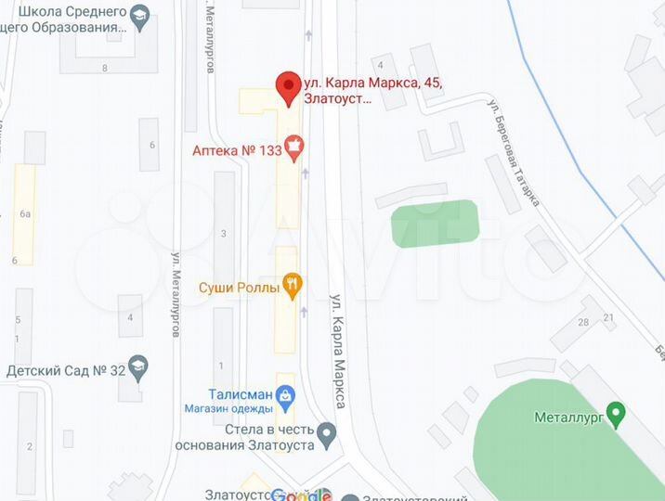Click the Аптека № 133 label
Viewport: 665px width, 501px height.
point(236,150)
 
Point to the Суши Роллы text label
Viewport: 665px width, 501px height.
point(239,288)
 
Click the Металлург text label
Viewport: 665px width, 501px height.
point(568,417)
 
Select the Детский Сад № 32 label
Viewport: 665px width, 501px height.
point(65,370)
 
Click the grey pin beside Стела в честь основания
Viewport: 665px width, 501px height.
point(326,433)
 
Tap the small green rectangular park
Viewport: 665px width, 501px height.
point(435,224)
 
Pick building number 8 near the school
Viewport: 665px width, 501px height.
point(105,68)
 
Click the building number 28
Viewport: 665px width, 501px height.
point(583,323)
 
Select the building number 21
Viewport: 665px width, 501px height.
point(608,317)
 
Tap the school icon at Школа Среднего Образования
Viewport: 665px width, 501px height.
point(139,16)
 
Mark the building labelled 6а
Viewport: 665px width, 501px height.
point(25,214)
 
